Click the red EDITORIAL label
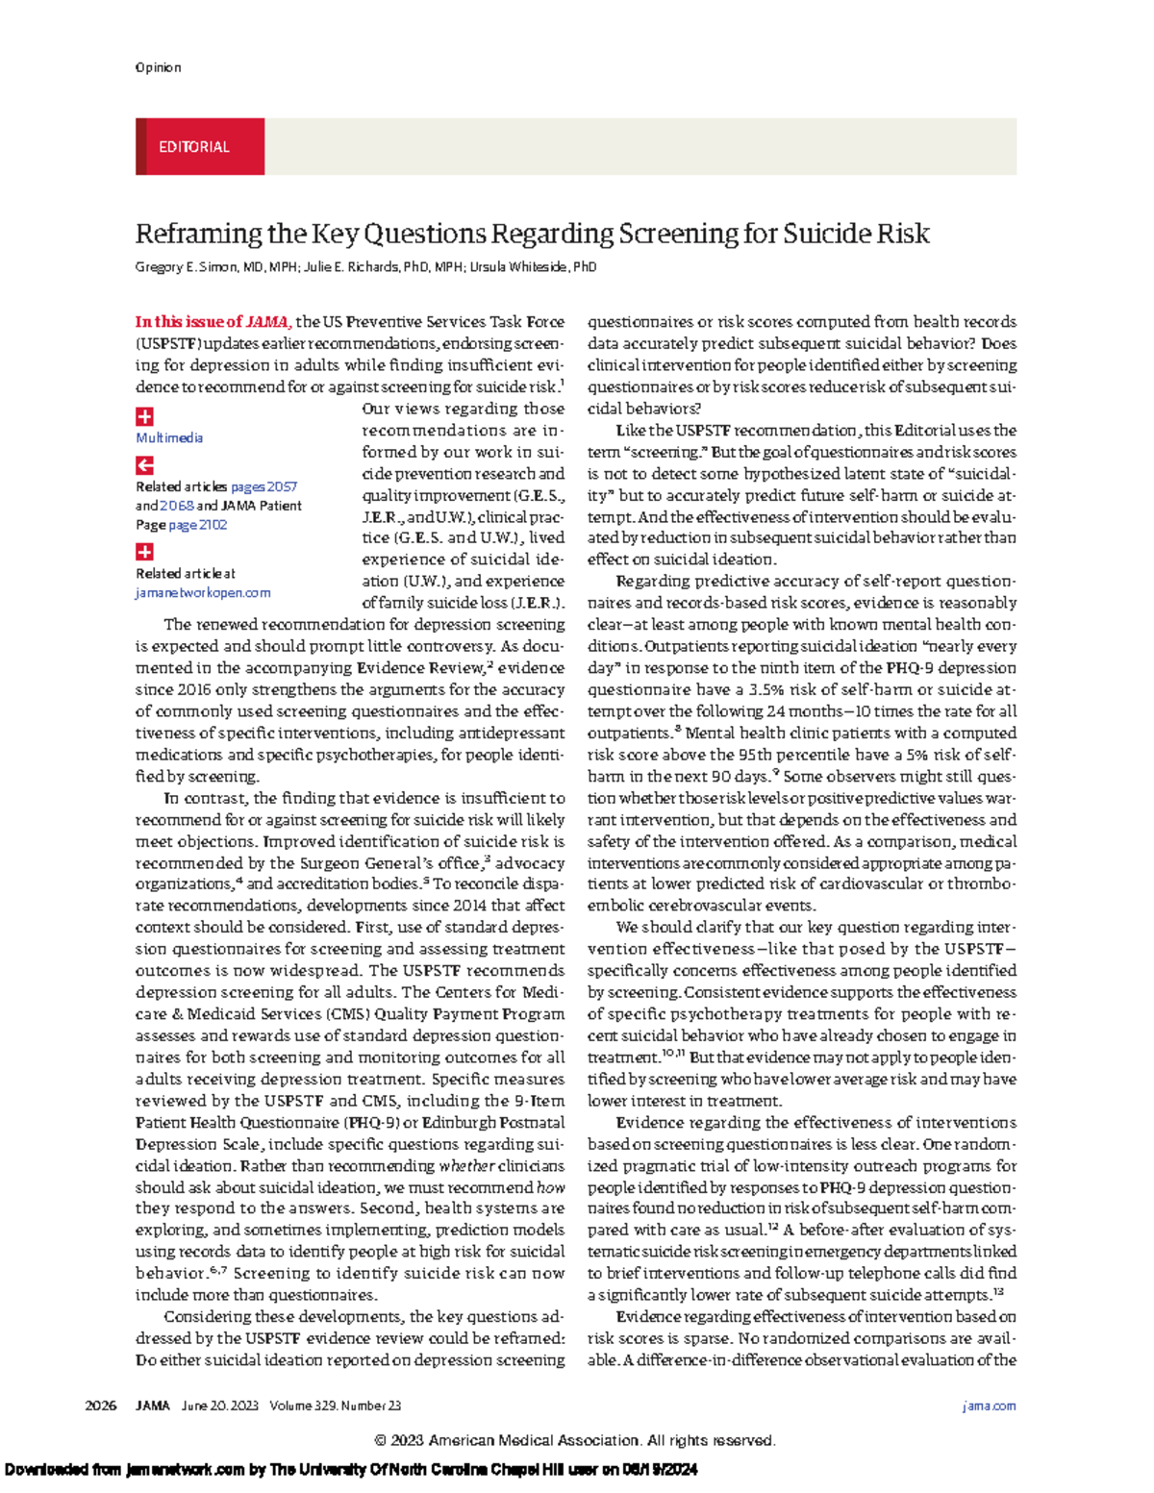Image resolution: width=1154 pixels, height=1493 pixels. [x=195, y=147]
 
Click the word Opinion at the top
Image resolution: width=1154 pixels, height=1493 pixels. [x=158, y=67]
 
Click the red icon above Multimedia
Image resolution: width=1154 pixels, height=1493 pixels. [x=144, y=416]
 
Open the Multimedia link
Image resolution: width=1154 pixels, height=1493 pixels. [x=169, y=437]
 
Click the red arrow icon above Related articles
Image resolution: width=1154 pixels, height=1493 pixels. [x=144, y=465]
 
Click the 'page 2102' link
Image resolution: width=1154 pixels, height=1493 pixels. [x=198, y=525]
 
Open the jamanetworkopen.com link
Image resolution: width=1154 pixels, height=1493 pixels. [x=203, y=593]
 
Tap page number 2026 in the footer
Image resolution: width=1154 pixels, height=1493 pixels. [x=100, y=1406]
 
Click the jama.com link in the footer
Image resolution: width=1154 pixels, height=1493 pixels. [x=989, y=1406]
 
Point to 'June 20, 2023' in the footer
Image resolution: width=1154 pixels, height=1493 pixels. [x=220, y=1406]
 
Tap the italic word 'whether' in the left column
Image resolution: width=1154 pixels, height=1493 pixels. [x=467, y=1165]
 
